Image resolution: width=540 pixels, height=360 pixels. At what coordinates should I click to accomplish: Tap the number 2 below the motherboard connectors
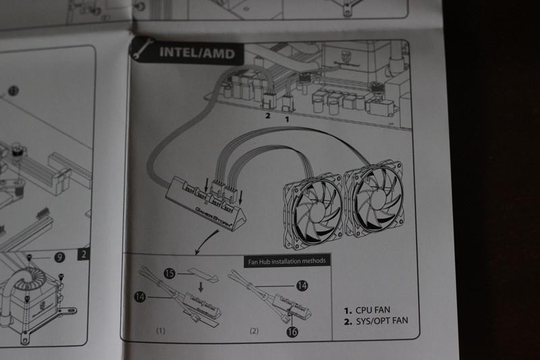pos(267,116)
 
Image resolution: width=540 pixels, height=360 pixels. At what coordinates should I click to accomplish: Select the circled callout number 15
pos(170,274)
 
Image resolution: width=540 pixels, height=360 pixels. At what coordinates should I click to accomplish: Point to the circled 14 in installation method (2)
pos(302,286)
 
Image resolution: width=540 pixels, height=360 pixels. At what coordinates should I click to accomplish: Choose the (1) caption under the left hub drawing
pos(161,331)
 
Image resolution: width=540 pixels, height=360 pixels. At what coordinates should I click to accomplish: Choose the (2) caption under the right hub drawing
pos(254,331)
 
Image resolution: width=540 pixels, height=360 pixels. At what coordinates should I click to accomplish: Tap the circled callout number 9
pos(59,257)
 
